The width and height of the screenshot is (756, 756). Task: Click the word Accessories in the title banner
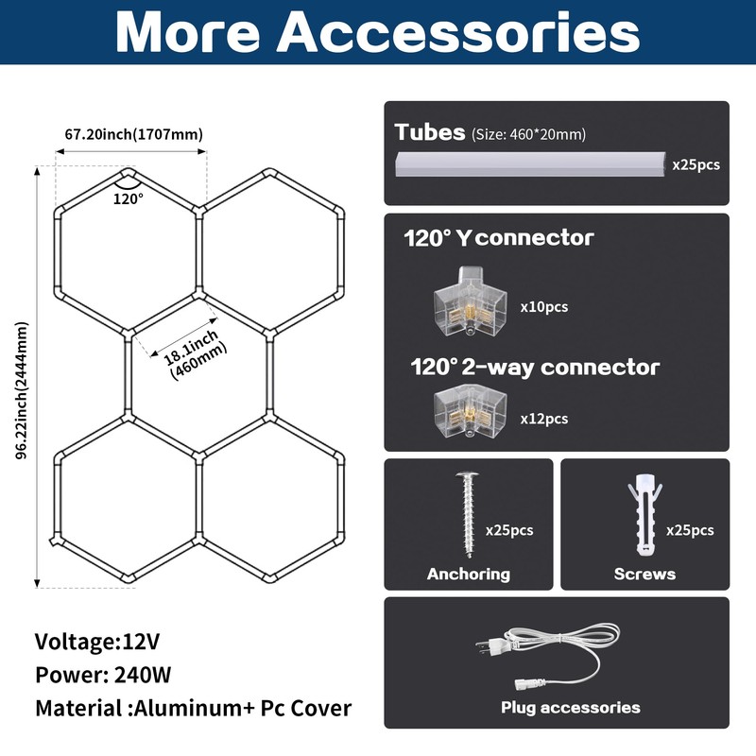pos(458,33)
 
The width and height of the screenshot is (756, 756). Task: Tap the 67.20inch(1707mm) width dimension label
pos(134,134)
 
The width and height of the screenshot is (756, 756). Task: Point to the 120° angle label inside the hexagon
pos(129,198)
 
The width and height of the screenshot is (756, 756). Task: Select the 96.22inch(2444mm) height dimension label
pos(22,390)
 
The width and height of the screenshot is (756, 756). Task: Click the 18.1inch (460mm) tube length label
pos(195,355)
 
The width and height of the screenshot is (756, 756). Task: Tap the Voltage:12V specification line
pos(97,642)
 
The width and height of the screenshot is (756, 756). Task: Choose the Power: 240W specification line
pos(103,675)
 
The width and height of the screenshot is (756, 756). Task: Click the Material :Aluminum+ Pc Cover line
pos(194,708)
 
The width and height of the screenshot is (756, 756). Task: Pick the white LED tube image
pos(530,164)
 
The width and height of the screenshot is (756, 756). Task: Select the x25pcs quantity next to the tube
pos(696,164)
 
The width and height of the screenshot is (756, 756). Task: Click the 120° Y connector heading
pos(499,238)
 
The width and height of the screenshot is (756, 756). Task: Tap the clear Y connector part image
pos(470,301)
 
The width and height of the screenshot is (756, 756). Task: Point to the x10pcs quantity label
pos(544,306)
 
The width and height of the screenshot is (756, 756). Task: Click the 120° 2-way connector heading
pos(535,367)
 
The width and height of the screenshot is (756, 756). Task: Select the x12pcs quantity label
pos(544,419)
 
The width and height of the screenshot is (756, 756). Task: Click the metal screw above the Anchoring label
pos(468,515)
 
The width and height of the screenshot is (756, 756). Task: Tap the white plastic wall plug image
pos(644,515)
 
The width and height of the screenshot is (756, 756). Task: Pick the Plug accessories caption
pos(571,707)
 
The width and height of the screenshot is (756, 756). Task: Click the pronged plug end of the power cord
pos(490,645)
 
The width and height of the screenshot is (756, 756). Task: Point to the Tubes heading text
pos(430,132)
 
